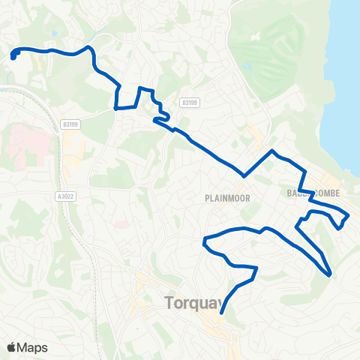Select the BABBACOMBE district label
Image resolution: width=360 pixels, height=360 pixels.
coord(313,193)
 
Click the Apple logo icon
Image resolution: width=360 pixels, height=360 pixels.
coord(11,347)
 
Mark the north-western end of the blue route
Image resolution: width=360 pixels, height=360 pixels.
coord(13,55)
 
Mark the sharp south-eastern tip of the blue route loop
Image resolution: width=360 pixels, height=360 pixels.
coord(330,274)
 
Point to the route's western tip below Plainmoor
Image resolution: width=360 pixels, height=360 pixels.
coord(204,241)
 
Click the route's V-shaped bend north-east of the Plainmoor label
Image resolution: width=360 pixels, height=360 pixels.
coord(244,176)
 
